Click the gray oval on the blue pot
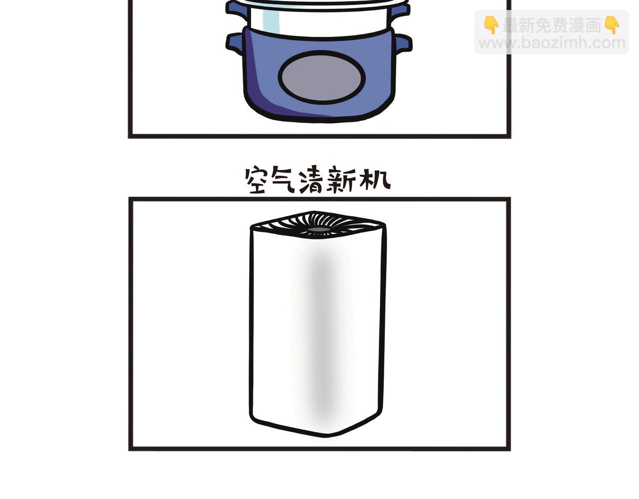coord(321,77)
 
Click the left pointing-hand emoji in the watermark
coord(491,25)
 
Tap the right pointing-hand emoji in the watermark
coord(612,25)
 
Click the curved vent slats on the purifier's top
coord(318,225)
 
